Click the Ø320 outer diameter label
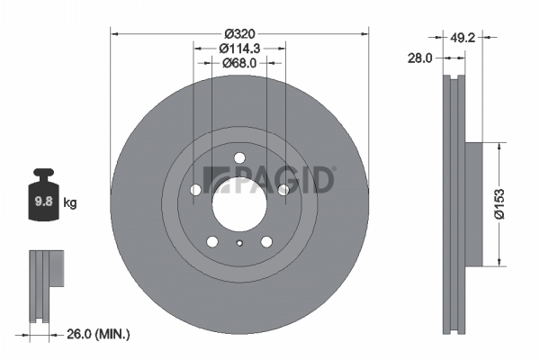pos(239,34)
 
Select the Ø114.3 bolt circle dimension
pos(239,49)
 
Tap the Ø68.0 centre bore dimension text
pos(239,63)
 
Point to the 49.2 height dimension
pos(463,37)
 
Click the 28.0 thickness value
pos(419,58)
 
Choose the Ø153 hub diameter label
pos(499,203)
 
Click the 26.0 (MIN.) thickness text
pos(98,334)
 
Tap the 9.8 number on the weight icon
pos(43,202)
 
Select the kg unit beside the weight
pos(70,202)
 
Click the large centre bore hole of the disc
pos(239,204)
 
